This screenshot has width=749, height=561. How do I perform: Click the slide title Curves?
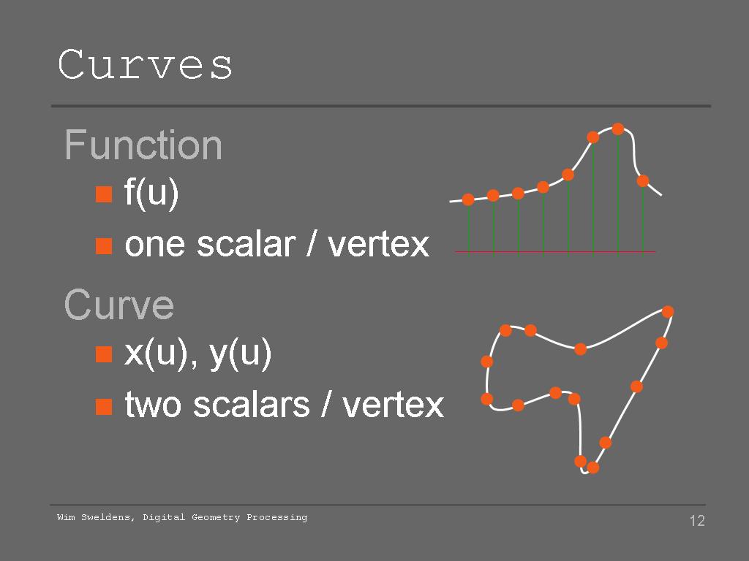(x=145, y=64)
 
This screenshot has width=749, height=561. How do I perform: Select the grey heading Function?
(x=143, y=145)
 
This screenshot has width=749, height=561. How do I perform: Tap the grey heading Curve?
(x=119, y=305)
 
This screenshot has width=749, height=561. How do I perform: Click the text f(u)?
(x=151, y=193)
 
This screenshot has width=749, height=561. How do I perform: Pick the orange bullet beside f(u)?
(x=104, y=194)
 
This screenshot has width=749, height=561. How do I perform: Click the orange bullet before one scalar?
(x=104, y=246)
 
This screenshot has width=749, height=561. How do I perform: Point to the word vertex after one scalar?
(x=378, y=245)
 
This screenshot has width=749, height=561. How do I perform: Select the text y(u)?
(x=240, y=354)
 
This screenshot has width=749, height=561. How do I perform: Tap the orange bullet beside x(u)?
(x=104, y=354)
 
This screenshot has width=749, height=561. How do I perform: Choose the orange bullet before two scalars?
(x=104, y=406)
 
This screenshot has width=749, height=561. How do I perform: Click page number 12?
(x=697, y=520)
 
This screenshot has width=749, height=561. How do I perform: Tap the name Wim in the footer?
(x=66, y=517)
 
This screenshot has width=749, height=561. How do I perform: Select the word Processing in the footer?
(x=277, y=518)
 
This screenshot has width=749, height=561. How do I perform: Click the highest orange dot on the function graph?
(x=617, y=129)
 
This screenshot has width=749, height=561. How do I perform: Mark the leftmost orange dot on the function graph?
(x=468, y=199)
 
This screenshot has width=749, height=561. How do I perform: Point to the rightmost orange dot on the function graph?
(x=643, y=181)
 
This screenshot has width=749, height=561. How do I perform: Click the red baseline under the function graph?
(x=555, y=251)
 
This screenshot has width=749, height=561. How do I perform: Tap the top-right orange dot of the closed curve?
(x=668, y=311)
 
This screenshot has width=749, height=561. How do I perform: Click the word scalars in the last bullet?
(x=252, y=405)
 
